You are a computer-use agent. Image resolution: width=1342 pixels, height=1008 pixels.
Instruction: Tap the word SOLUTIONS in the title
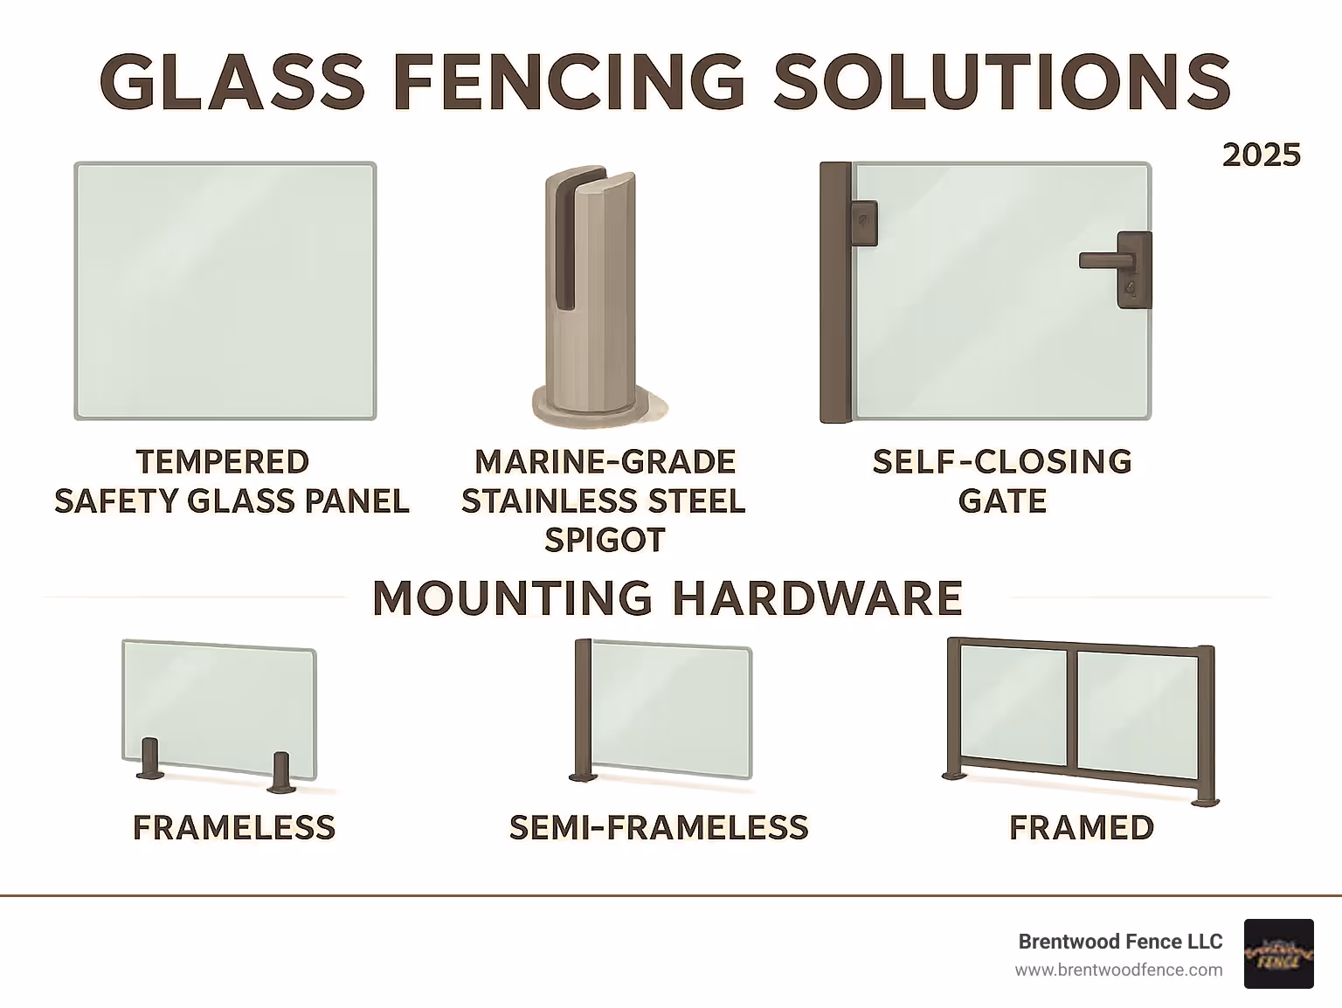pos(1002,81)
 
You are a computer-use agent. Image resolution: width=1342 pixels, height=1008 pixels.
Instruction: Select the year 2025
pos(1261,155)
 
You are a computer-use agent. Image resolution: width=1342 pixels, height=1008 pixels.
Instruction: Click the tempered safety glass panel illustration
pos(225,291)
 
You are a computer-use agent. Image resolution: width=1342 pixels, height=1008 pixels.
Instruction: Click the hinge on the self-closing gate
pos(863,224)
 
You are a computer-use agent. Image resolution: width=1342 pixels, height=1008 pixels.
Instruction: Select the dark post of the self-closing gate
pos(834,293)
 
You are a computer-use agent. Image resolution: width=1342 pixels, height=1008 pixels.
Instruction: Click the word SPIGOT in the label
pos(605,540)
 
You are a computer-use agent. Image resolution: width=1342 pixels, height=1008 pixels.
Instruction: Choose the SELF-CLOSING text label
pos(1002,461)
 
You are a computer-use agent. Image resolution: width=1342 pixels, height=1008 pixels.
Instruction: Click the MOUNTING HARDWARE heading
pos(668,598)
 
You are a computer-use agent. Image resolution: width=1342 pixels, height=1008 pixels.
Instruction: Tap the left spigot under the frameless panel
pos(149,759)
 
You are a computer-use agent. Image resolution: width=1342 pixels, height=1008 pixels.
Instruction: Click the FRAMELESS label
pos(234,827)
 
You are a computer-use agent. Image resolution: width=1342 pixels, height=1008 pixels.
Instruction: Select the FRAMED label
pos(1082,827)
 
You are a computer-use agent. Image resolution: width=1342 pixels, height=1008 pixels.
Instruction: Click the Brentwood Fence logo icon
pos(1278,954)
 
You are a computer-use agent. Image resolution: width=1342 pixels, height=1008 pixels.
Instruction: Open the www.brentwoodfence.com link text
pos(1118,970)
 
